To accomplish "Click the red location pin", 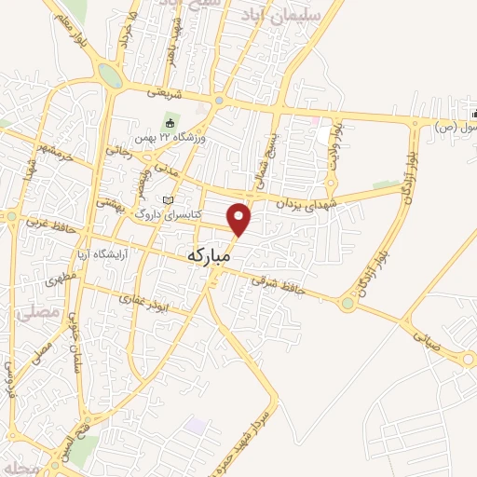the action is [x=240, y=218].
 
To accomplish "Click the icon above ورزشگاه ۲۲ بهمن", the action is [x=169, y=122].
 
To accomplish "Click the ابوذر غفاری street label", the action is [x=141, y=297].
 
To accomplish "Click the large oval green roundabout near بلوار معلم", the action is [x=110, y=75].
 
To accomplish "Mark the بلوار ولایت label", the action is [x=339, y=141].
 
